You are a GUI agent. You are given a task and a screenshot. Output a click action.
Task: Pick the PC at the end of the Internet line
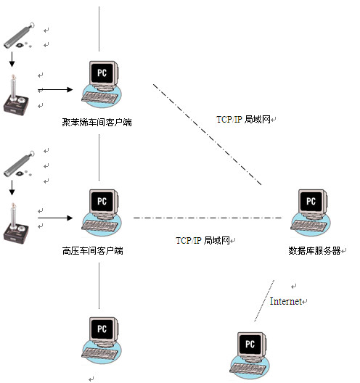(250, 355)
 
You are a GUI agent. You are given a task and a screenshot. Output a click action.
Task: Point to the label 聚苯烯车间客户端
(97, 123)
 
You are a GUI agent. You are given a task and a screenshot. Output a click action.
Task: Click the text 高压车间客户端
(92, 252)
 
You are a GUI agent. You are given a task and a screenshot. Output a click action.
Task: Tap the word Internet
(286, 301)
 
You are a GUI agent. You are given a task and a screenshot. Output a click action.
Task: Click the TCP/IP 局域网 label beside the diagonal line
(243, 118)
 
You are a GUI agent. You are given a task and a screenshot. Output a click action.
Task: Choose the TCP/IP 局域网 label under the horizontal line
(202, 239)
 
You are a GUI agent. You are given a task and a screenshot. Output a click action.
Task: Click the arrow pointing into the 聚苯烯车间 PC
(57, 90)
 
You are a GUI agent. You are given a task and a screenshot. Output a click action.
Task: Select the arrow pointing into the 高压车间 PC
(57, 218)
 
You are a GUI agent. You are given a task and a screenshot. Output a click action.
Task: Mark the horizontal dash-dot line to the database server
(207, 218)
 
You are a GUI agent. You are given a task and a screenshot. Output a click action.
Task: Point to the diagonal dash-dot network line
(207, 134)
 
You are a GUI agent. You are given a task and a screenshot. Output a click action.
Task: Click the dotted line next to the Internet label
(263, 300)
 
